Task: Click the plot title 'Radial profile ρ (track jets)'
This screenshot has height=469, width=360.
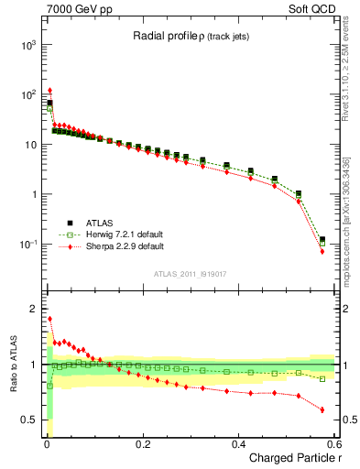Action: click(191, 36)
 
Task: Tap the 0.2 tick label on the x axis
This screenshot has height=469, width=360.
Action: click(142, 444)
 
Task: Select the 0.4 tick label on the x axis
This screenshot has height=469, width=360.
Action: click(238, 444)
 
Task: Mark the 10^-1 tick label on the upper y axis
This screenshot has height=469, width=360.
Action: click(28, 245)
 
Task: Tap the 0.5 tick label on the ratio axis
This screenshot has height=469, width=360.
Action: click(28, 420)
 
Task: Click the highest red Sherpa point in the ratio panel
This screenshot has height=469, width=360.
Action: click(49, 319)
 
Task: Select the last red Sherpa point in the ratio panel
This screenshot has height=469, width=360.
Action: click(322, 409)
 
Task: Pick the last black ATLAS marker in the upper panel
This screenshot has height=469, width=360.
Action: click(322, 240)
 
